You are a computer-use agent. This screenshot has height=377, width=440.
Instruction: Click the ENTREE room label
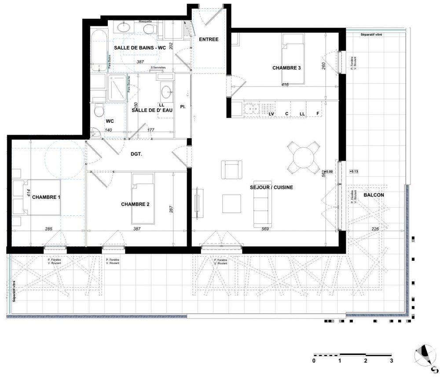(x=209, y=40)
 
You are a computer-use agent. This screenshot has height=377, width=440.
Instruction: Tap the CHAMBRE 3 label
(x=286, y=68)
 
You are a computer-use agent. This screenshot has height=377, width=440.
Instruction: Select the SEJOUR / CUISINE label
(x=272, y=187)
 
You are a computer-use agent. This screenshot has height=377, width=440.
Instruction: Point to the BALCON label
(x=374, y=195)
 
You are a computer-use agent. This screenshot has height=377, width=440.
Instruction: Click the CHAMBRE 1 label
(x=46, y=197)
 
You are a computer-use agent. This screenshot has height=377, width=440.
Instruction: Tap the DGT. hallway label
(x=138, y=154)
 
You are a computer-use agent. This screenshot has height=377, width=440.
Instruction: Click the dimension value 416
(x=284, y=85)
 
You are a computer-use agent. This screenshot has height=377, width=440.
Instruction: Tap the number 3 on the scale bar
(x=391, y=361)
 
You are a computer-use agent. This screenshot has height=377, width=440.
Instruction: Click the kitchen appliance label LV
(x=271, y=114)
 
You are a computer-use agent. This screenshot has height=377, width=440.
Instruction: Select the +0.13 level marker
(x=354, y=171)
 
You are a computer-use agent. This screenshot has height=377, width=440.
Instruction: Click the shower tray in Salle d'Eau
(x=116, y=88)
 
